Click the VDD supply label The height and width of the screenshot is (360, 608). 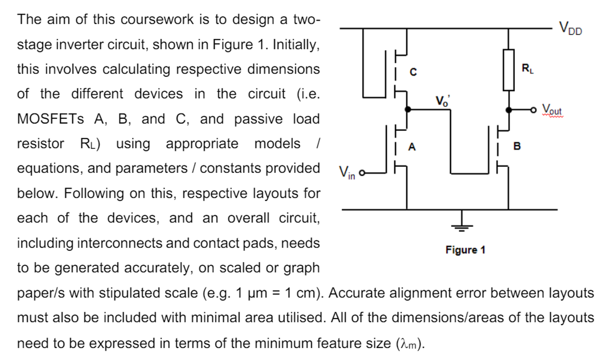(x=570, y=28)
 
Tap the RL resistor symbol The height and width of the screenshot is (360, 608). (x=508, y=70)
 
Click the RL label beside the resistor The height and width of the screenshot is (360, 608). (x=527, y=68)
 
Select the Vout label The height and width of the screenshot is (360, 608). (x=552, y=109)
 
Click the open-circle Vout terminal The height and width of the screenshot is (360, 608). (x=533, y=110)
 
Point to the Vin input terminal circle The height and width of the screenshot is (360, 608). (x=362, y=173)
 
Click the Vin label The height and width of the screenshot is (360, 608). (x=347, y=173)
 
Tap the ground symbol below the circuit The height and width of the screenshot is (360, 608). (x=462, y=227)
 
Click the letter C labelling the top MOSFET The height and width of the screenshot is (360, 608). (x=413, y=72)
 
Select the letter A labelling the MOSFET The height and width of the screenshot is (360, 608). (x=412, y=147)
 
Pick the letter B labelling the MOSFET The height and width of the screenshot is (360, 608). (x=517, y=146)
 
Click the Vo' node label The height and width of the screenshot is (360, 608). (x=442, y=101)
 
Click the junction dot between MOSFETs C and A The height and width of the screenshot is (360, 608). (x=407, y=109)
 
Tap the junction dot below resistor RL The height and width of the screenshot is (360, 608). (x=508, y=110)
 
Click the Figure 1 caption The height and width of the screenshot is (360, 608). (x=465, y=250)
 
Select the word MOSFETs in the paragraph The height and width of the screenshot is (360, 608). (x=50, y=119)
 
